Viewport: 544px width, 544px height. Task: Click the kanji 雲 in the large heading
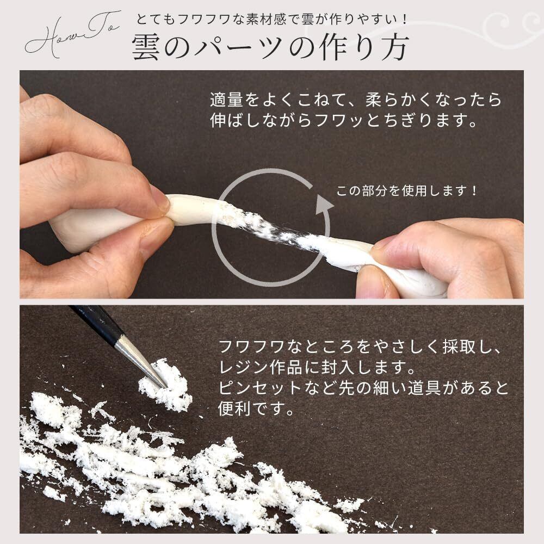click(x=146, y=47)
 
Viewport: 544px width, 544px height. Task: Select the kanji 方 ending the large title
click(x=394, y=47)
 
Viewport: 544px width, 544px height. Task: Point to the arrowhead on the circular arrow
click(x=323, y=206)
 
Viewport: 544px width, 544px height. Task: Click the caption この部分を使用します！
click(x=407, y=191)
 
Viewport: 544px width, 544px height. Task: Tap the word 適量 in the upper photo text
click(x=226, y=100)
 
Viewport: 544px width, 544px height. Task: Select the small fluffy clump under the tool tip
click(x=165, y=386)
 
